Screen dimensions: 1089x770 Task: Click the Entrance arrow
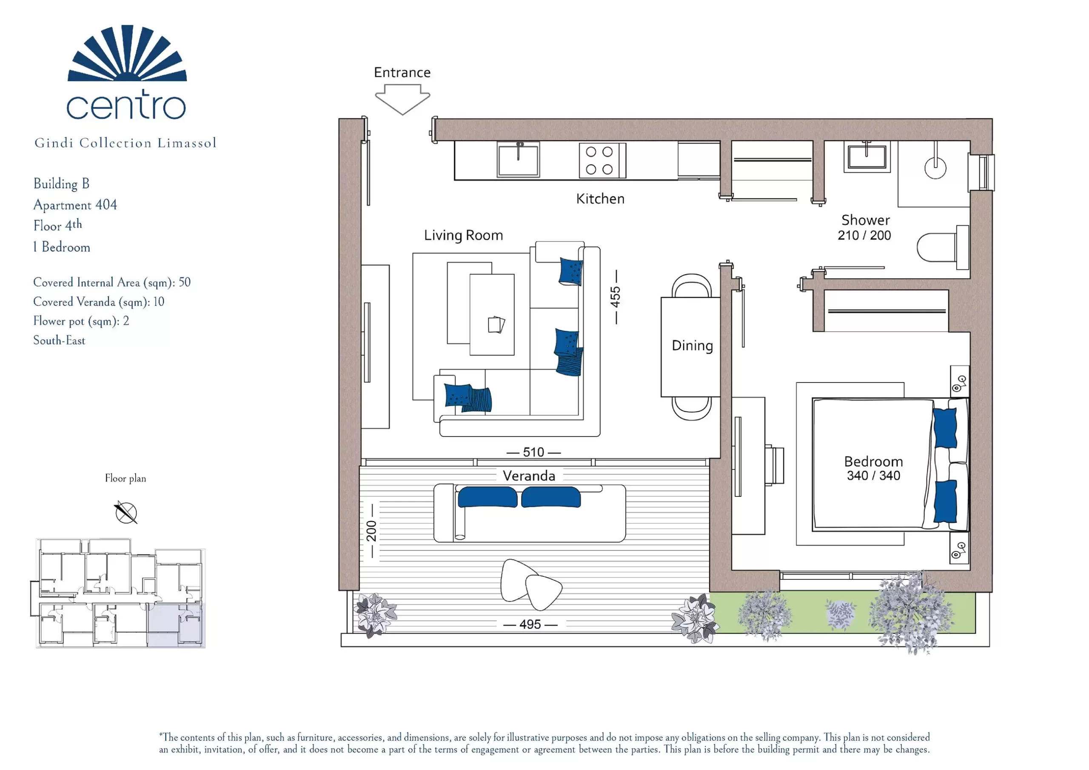pyautogui.click(x=402, y=99)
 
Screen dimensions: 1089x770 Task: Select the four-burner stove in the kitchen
pyautogui.click(x=602, y=160)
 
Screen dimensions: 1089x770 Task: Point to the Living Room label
pyautogui.click(x=463, y=235)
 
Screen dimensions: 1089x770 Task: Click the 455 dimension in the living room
pyautogui.click(x=616, y=297)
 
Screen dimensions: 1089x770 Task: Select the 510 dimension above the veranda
pyautogui.click(x=533, y=452)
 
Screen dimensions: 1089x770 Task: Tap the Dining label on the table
pyautogui.click(x=692, y=346)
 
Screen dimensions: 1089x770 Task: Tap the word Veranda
pyautogui.click(x=529, y=476)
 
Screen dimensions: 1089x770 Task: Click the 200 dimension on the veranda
pyautogui.click(x=371, y=531)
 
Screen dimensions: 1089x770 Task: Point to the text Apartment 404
pyautogui.click(x=75, y=205)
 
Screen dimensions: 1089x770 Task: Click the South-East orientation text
pyautogui.click(x=59, y=341)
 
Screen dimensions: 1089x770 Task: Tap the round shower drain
pyautogui.click(x=935, y=168)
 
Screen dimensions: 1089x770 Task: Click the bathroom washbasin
pyautogui.click(x=867, y=157)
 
